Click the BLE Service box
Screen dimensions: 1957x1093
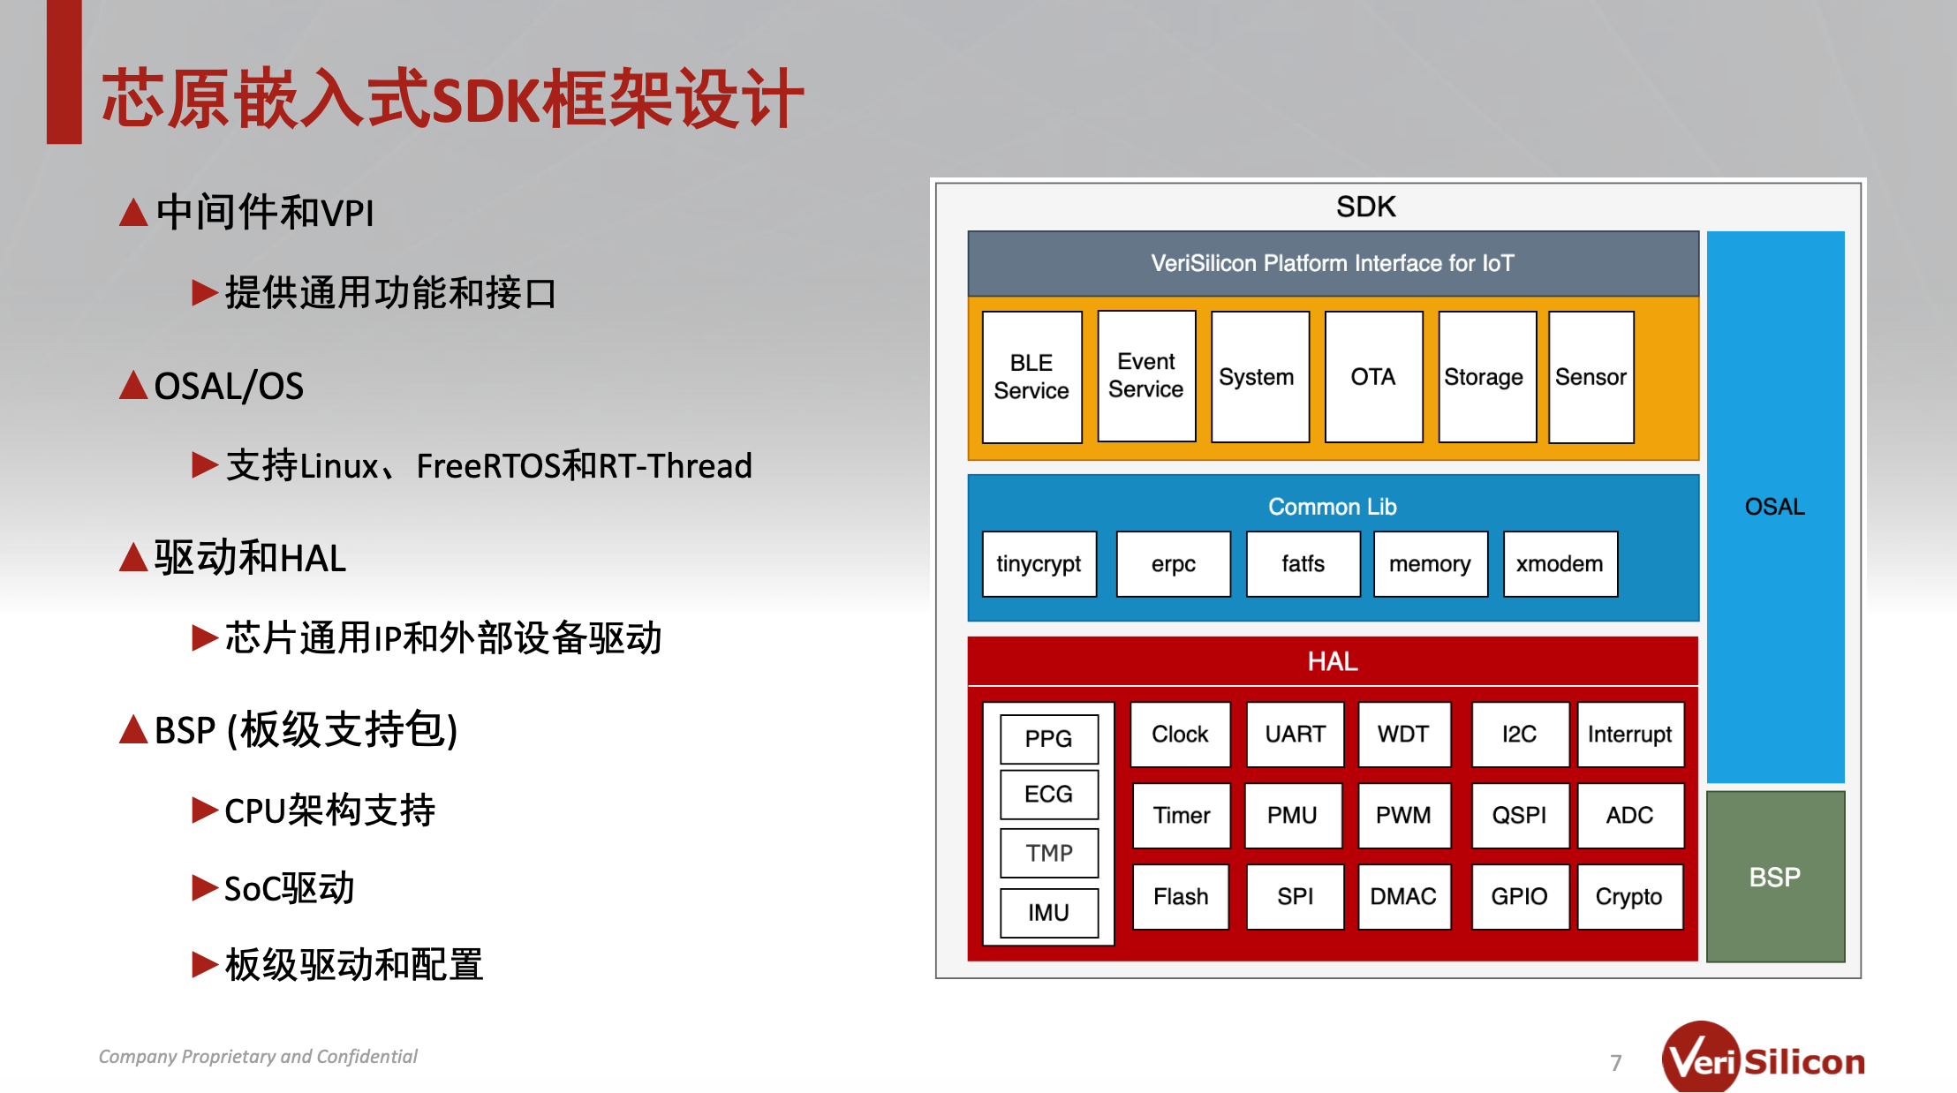pos(1031,377)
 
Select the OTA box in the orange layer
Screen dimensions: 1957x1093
pos(1373,377)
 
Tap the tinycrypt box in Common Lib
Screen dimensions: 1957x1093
pos(1039,564)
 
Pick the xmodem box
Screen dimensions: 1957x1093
pos(1560,564)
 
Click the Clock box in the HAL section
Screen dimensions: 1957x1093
pos(1180,735)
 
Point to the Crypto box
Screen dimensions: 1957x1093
pos(1629,897)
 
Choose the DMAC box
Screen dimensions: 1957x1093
pos(1403,897)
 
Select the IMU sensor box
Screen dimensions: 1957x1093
pos(1049,913)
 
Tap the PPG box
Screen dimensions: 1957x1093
pos(1049,739)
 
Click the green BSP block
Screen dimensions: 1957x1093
pos(1775,877)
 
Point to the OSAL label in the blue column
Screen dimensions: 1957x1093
pos(1775,507)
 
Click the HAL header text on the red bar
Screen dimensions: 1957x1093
pos(1333,661)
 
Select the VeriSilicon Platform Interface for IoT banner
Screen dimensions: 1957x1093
pos(1333,263)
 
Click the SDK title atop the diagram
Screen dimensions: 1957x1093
pos(1366,207)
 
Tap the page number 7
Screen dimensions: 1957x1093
pos(1616,1063)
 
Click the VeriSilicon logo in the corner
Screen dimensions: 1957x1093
pos(1764,1058)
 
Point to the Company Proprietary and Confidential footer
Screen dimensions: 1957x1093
pos(258,1057)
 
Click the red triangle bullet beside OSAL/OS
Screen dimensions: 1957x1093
pos(133,385)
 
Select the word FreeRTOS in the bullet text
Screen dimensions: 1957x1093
pos(488,466)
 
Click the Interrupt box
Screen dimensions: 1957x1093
pos(1630,735)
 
